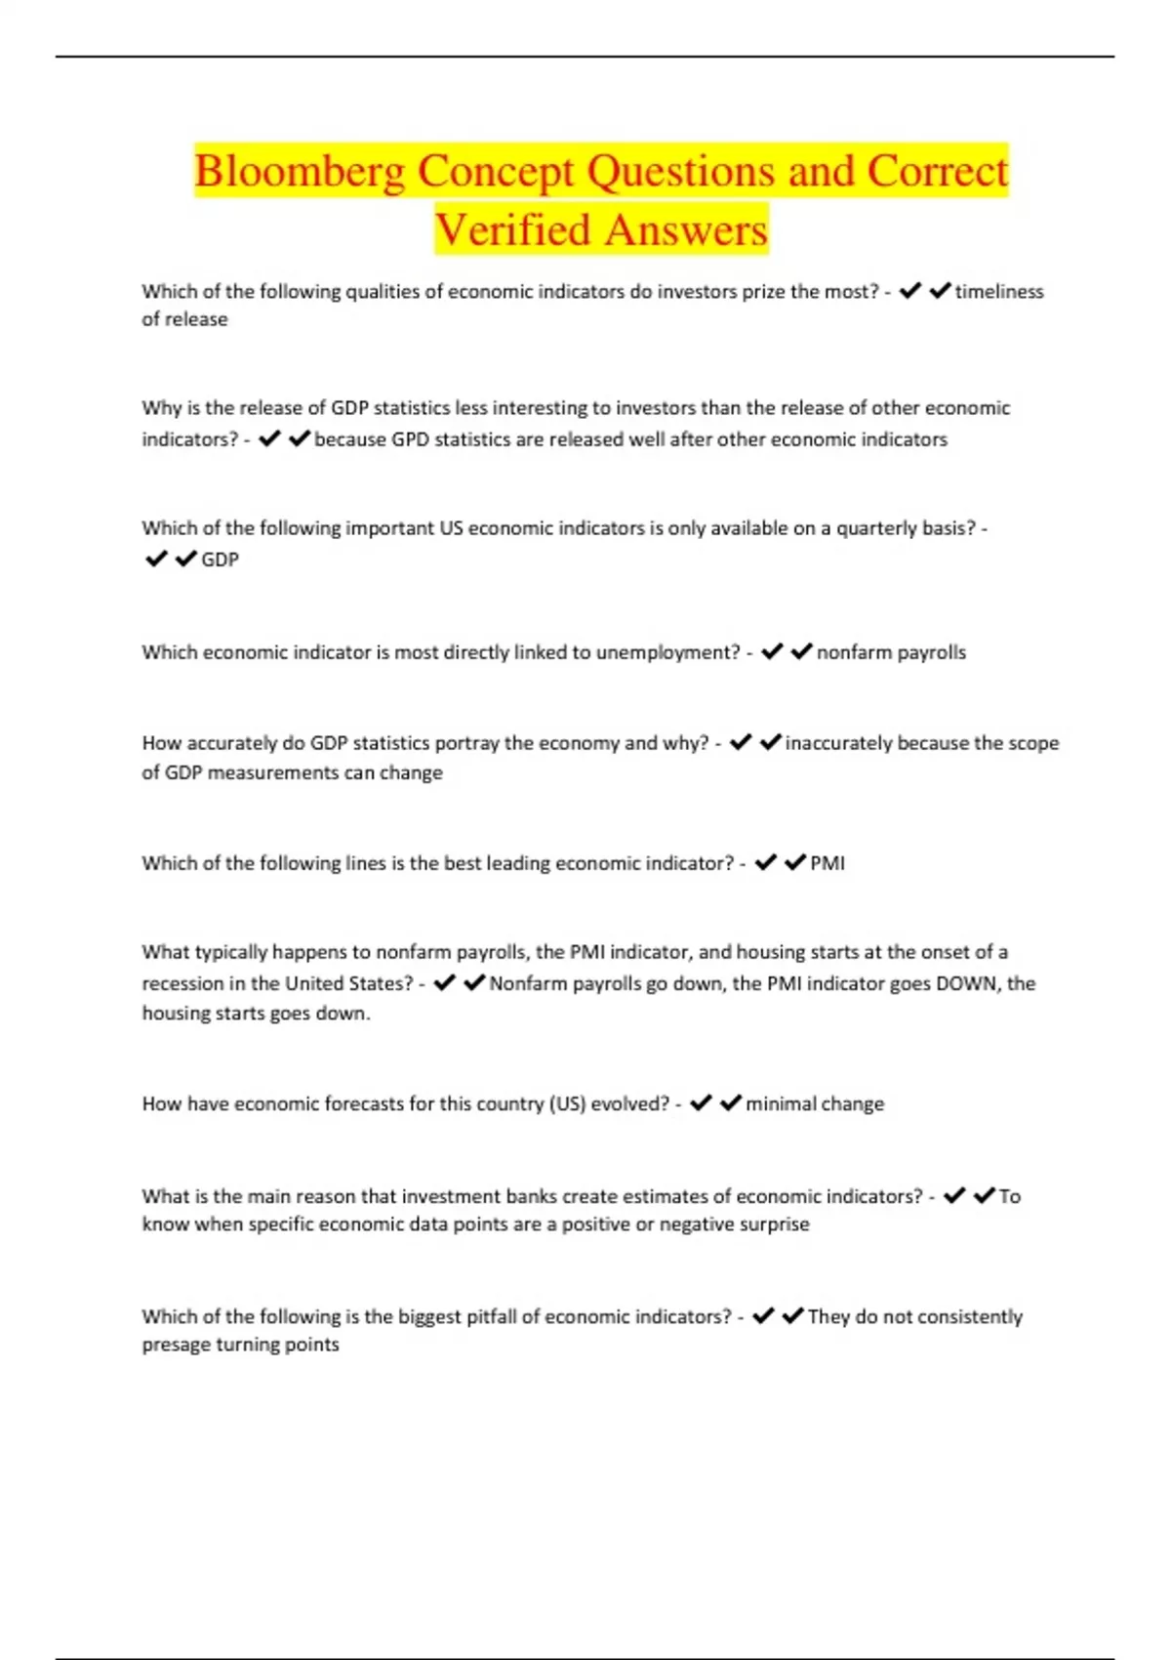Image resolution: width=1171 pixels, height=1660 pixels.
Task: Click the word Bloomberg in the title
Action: point(299,173)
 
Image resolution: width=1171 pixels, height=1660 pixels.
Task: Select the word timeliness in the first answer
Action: point(998,292)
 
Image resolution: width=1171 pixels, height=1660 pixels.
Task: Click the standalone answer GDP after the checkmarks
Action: point(220,560)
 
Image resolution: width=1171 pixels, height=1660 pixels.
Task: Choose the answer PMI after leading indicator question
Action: point(828,863)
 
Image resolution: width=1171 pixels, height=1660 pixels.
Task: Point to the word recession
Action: point(182,983)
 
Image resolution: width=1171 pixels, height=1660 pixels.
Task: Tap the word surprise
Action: point(775,1224)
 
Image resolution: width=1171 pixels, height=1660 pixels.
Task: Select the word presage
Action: point(176,1345)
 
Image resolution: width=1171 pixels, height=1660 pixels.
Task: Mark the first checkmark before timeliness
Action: point(910,291)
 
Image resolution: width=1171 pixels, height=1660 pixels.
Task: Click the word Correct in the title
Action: point(937,173)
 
